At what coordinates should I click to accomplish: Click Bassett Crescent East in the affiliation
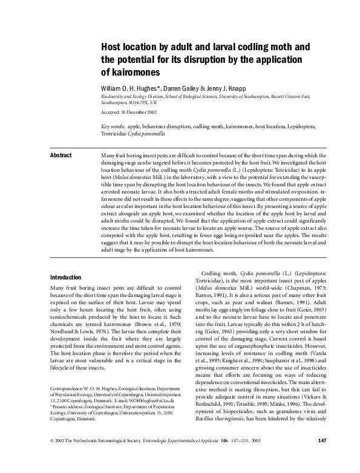click(x=288, y=96)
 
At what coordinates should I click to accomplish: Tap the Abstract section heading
click(x=61, y=155)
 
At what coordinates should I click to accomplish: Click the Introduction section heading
click(x=66, y=277)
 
